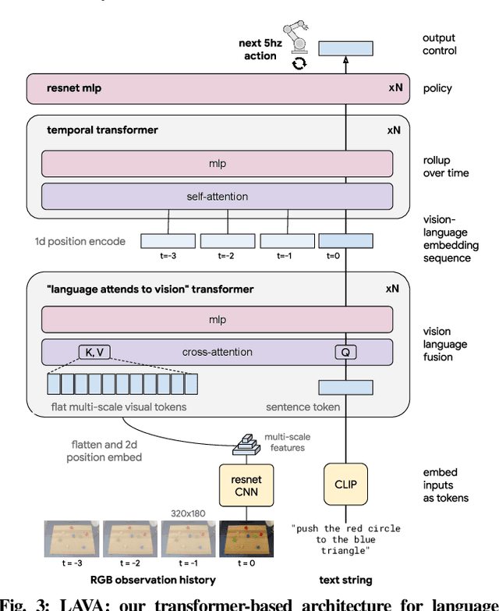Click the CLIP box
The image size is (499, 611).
(345, 484)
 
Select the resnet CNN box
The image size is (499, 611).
(241, 484)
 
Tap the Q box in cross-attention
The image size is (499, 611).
(345, 352)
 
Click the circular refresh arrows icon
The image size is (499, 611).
(299, 63)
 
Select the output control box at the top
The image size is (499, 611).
(345, 48)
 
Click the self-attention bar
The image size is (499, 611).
(217, 197)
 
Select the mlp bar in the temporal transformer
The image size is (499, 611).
(217, 164)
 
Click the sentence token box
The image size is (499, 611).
(345, 387)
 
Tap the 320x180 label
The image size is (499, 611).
(189, 513)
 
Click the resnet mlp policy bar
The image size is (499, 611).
(217, 88)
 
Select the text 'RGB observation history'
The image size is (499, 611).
(153, 580)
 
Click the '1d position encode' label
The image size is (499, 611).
(80, 241)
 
